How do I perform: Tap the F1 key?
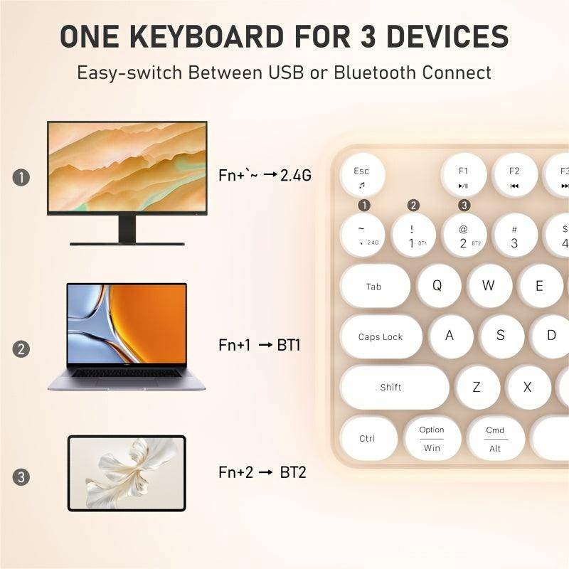coord(464,176)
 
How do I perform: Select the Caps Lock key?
coord(381,336)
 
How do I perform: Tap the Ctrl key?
coord(368,438)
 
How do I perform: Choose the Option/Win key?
coord(432,438)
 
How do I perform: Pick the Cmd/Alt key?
coord(495,438)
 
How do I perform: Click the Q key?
coord(437,286)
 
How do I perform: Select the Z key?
coord(477,387)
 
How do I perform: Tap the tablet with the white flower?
coord(127,473)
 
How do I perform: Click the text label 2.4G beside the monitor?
coord(296,175)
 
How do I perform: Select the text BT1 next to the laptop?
coord(289,346)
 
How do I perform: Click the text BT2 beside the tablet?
coord(293,472)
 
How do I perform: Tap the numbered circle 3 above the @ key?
coord(464,206)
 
